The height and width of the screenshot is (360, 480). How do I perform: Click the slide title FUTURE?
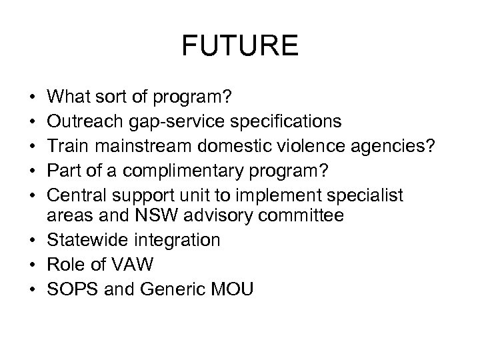pyautogui.click(x=240, y=47)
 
